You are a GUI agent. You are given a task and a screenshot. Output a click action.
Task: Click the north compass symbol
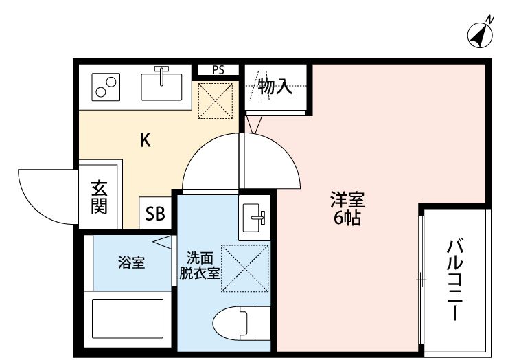482,34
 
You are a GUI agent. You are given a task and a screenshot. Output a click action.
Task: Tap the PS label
218,69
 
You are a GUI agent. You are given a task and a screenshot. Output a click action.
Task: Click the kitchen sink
162,85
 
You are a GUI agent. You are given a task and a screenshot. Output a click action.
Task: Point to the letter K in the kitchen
146,141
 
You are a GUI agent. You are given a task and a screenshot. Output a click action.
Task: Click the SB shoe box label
155,214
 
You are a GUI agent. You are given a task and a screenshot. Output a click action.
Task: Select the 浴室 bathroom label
131,262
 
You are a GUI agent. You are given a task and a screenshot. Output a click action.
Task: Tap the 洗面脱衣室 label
199,265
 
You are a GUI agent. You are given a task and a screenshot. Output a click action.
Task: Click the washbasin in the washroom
254,218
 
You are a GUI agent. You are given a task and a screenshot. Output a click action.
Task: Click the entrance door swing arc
41,193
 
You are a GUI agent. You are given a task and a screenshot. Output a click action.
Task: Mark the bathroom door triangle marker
162,243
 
